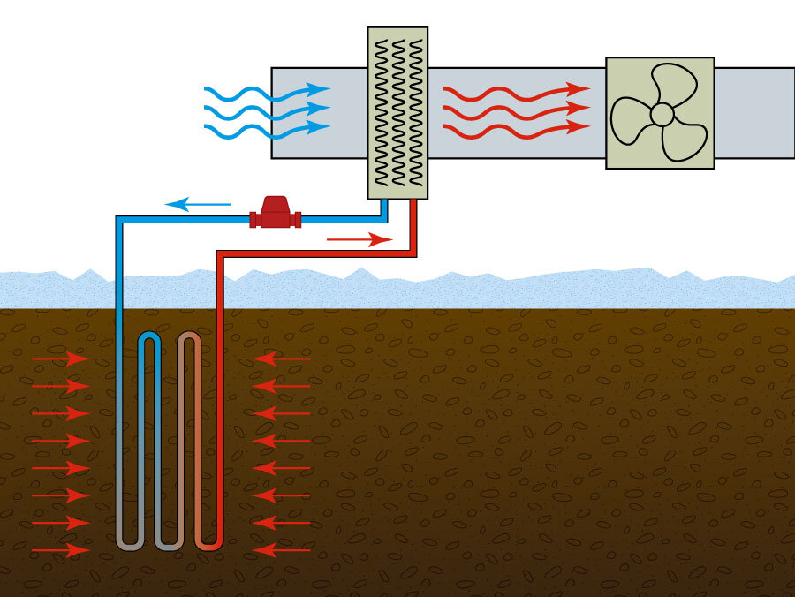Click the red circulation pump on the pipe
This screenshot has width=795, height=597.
275,212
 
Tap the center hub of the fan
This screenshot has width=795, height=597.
662,114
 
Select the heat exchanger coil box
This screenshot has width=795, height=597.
397,112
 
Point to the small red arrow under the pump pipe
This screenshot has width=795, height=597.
359,238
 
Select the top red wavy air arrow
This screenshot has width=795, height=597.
516,90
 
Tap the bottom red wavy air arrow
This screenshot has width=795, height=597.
516,128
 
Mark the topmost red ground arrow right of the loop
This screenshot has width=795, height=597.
282,359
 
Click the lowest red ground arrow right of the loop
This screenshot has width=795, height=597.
282,550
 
